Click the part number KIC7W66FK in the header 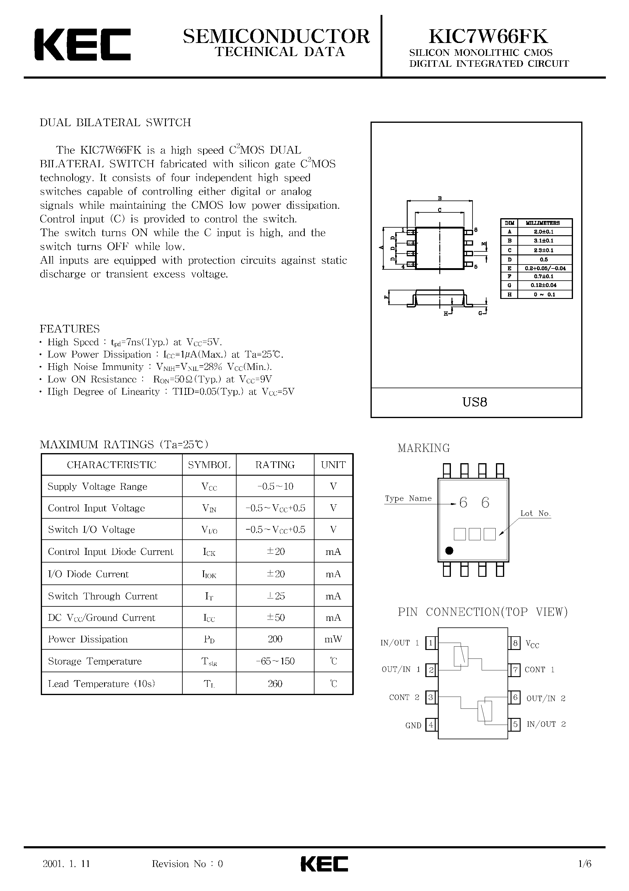(488, 37)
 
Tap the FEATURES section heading (70, 329)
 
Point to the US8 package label (475, 402)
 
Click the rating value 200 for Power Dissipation (275, 639)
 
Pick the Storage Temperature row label (95, 661)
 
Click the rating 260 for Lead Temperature (275, 684)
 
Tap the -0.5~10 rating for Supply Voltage (275, 486)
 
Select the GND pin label (413, 726)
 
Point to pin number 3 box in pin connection (430, 698)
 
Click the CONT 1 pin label (539, 669)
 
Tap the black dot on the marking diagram (449, 550)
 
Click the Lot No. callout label (535, 513)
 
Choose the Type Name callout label (408, 498)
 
